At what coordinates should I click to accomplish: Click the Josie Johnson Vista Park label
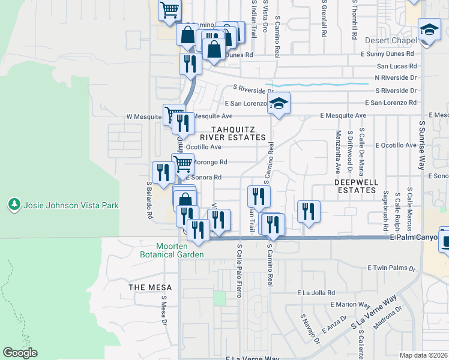click(x=71, y=205)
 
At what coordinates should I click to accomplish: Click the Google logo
click(x=20, y=353)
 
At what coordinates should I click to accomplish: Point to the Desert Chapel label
click(x=391, y=41)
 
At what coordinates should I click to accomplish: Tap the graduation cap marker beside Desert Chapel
click(x=429, y=31)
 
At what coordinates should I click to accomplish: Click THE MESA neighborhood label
click(x=150, y=287)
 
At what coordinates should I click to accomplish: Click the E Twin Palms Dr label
click(x=391, y=268)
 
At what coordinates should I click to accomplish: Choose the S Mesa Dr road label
click(x=163, y=313)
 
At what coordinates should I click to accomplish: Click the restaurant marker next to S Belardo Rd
click(x=163, y=172)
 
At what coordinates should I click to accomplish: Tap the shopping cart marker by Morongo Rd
click(x=183, y=163)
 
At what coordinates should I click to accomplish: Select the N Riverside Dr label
click(x=395, y=78)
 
